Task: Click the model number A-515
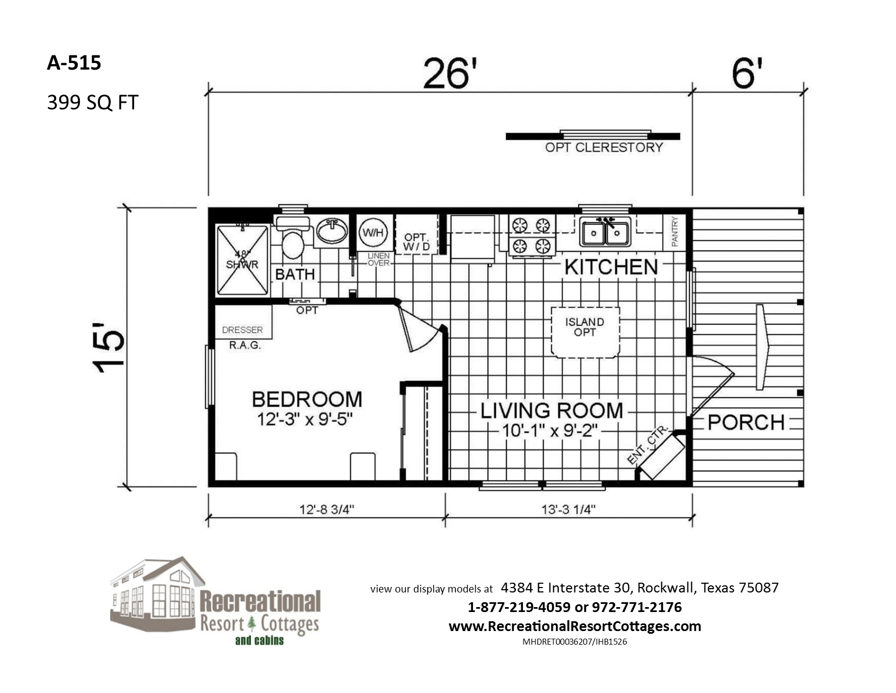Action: (74, 63)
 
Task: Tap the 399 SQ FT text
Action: (93, 103)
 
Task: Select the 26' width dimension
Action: (450, 73)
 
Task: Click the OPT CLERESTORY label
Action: (604, 147)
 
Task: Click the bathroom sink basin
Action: (331, 230)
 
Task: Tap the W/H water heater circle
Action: (373, 233)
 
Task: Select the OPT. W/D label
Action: (417, 242)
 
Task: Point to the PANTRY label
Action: (674, 232)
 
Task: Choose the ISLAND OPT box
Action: (585, 332)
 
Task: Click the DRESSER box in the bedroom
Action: (243, 322)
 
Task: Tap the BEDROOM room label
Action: (307, 399)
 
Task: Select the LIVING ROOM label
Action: (552, 410)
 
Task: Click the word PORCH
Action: (746, 422)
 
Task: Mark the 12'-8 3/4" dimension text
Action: (326, 510)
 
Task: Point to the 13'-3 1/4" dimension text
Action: (569, 510)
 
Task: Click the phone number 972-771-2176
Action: (636, 607)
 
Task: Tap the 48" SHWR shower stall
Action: (242, 260)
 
